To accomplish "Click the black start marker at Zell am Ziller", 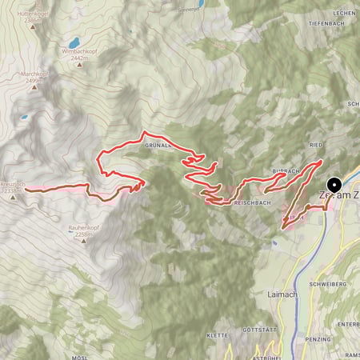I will (334, 184).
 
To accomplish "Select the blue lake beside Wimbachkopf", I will (74, 42).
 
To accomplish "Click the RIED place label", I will (316, 146).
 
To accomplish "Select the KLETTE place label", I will (218, 336).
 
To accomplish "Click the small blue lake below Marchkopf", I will (25, 118).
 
